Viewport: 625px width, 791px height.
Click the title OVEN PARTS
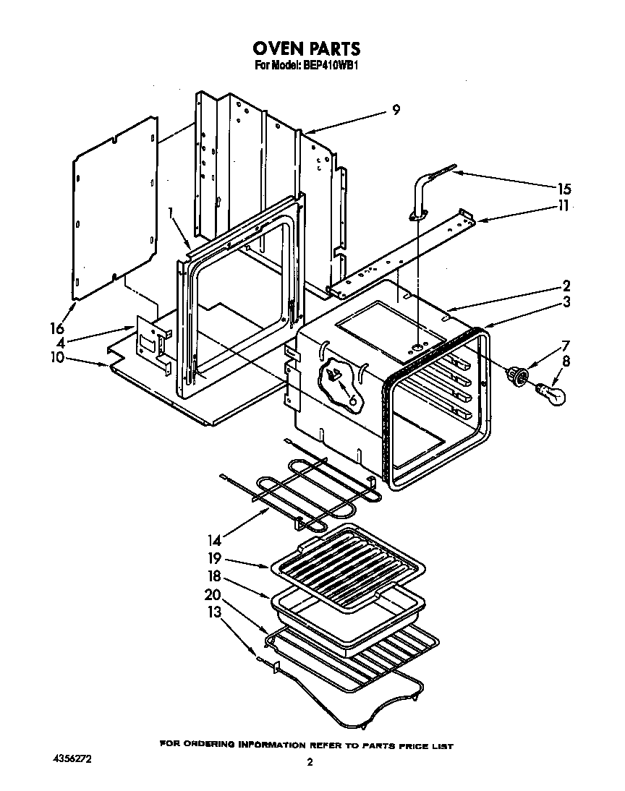coord(306,48)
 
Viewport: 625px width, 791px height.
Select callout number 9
coord(396,110)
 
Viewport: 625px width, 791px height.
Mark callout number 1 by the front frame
coord(170,214)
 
